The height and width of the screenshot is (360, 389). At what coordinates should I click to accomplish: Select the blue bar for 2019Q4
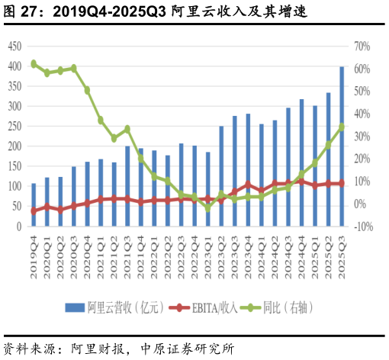click(x=34, y=204)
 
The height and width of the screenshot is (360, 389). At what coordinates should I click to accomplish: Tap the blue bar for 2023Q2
click(x=221, y=176)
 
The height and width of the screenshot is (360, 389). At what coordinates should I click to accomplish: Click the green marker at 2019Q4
click(x=34, y=64)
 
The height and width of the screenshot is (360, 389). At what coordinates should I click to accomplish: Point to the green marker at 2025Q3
click(x=342, y=127)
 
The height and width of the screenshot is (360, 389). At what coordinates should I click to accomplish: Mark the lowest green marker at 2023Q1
click(x=207, y=207)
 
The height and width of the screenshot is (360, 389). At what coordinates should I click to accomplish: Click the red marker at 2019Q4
click(x=34, y=211)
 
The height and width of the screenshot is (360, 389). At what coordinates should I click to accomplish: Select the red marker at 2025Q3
click(x=342, y=183)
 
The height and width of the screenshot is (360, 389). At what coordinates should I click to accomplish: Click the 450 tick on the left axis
click(x=14, y=47)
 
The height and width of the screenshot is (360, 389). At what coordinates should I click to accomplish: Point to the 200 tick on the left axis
click(x=14, y=146)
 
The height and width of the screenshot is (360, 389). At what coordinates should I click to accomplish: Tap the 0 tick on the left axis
click(x=18, y=227)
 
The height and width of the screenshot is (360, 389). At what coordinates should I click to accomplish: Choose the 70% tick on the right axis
click(x=362, y=47)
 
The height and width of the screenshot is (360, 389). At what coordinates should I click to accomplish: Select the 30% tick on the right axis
click(x=362, y=137)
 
